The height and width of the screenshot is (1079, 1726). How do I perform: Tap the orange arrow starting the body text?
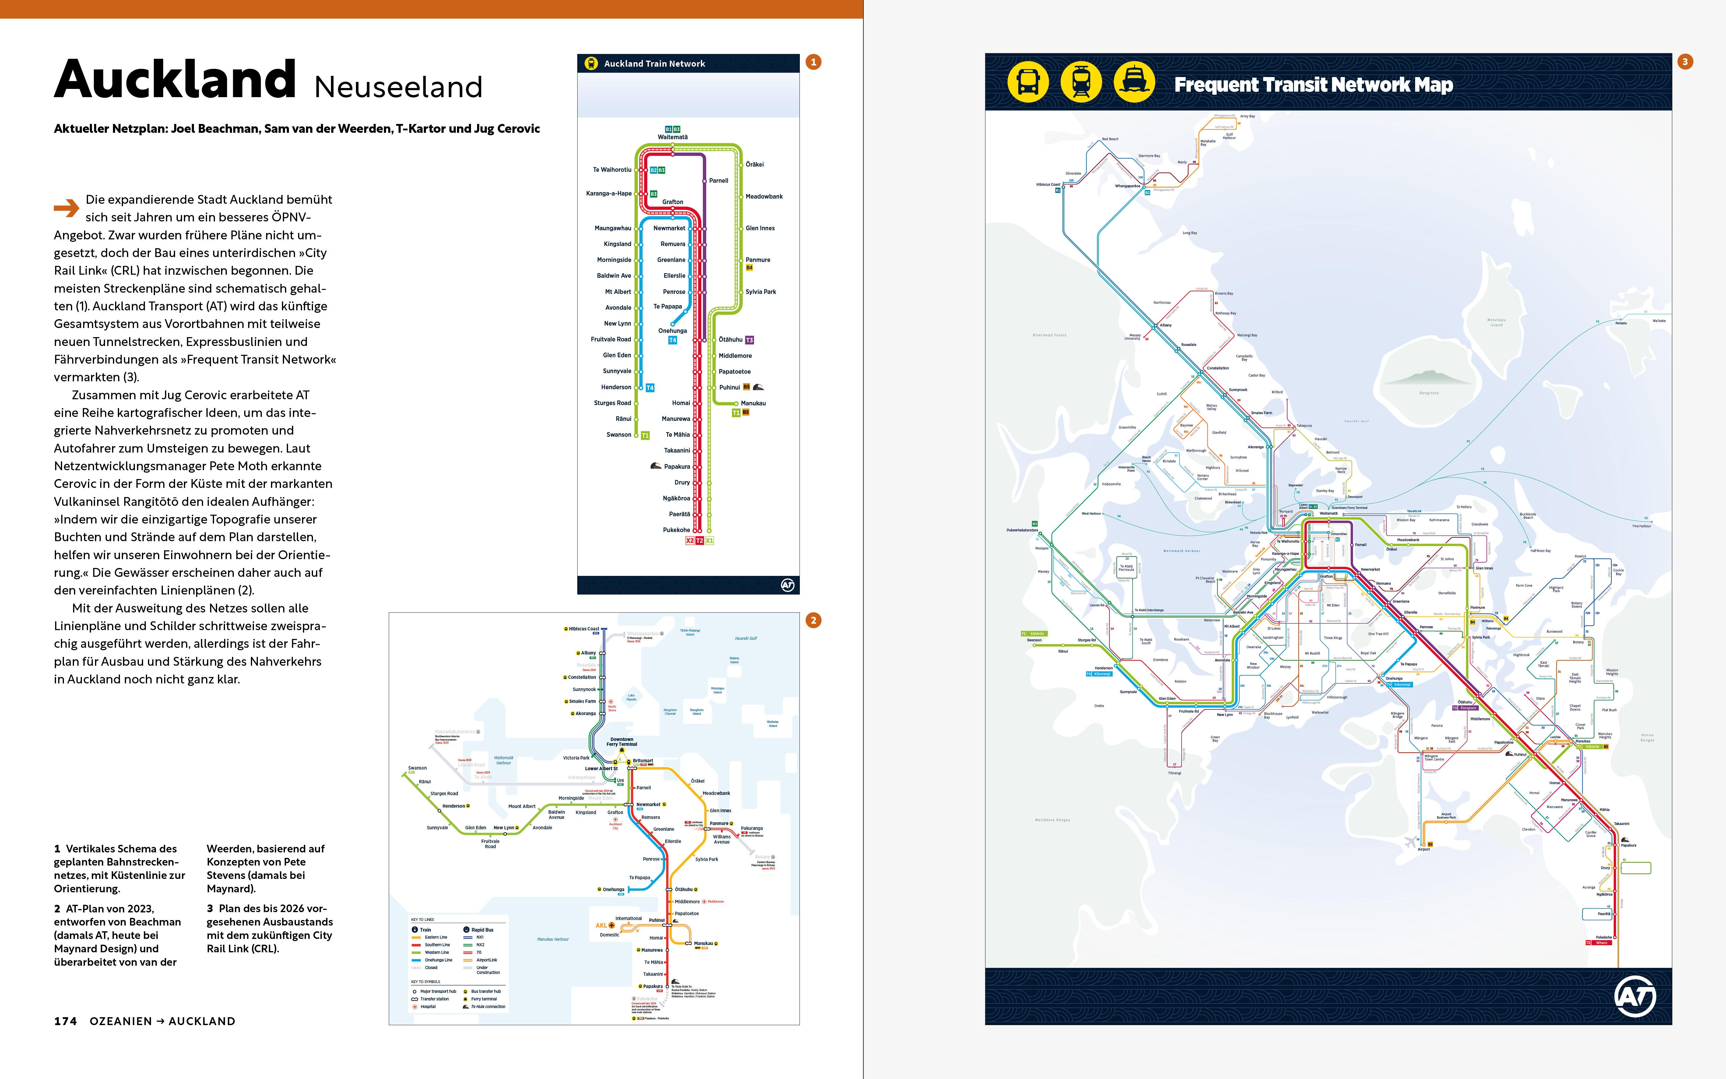click(x=66, y=208)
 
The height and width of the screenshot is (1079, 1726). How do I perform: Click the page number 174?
click(x=65, y=1021)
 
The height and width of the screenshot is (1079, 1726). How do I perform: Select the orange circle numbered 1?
click(x=813, y=62)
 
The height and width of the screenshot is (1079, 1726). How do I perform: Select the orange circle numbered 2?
click(x=813, y=620)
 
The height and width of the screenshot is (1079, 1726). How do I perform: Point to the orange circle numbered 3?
click(x=1685, y=62)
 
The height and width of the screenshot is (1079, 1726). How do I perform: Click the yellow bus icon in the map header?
click(x=1028, y=82)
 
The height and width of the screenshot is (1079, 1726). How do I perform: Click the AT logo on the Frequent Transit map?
click(x=1635, y=996)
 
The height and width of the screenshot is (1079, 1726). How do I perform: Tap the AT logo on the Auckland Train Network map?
click(x=787, y=585)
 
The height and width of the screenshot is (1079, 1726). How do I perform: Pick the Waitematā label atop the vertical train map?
click(x=673, y=137)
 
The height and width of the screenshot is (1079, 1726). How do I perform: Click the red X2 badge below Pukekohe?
click(x=690, y=541)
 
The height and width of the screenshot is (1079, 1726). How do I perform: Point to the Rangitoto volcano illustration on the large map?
click(x=1429, y=378)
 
